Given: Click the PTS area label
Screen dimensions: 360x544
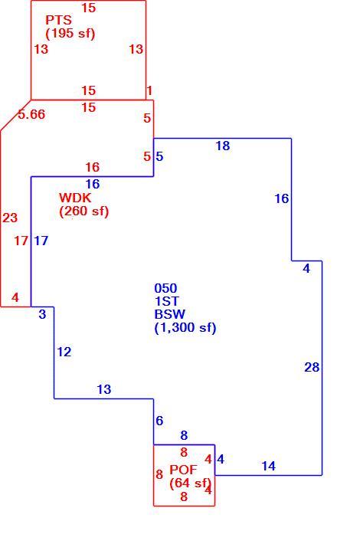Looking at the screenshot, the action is [x=58, y=20].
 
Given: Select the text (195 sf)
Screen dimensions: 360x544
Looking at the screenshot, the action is [x=70, y=33].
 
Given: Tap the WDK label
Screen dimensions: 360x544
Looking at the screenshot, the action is [x=75, y=198].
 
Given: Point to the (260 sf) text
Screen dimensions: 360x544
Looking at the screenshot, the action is [x=84, y=211].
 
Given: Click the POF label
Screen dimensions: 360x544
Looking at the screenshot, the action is [x=183, y=470].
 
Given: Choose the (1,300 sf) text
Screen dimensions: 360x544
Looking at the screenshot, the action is [x=185, y=327].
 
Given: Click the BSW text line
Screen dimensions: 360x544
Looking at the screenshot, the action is [x=169, y=314].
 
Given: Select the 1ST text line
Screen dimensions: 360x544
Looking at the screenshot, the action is [x=166, y=301].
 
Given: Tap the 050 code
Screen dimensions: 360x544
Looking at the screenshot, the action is [x=165, y=288].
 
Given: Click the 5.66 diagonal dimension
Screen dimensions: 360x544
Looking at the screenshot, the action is [x=31, y=114].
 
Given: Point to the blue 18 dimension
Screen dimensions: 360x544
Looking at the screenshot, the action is [x=222, y=146].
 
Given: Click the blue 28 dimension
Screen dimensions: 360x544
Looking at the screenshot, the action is [x=312, y=367].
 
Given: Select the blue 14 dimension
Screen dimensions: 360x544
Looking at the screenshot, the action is [x=268, y=466].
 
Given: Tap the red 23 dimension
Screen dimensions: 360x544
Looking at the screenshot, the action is [x=10, y=218].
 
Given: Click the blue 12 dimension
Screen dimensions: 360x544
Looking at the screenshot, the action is [x=64, y=352].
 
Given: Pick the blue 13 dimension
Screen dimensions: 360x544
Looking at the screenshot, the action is [x=103, y=389].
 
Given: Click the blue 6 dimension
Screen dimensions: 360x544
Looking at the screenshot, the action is [x=159, y=421].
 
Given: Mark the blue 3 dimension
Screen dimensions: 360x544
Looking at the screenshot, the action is [x=42, y=314].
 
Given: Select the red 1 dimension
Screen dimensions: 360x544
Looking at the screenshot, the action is [x=149, y=91].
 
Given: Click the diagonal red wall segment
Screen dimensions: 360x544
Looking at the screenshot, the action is [x=15, y=116].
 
